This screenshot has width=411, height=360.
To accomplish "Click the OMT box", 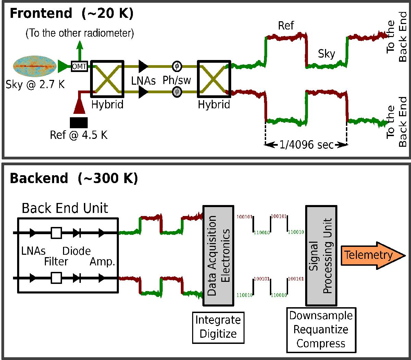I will coord(79,66).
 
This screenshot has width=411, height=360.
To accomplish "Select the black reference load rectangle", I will coord(78,122).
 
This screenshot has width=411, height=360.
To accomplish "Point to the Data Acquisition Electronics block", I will coord(218,255).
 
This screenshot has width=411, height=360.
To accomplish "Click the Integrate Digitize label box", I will coord(218,327).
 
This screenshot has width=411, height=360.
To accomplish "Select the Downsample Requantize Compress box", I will coord(321,329).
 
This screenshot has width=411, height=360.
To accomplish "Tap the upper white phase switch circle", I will coord(177,65).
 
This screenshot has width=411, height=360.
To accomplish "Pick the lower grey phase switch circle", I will coord(177,92).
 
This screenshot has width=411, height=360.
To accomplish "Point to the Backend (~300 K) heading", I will coord(74,178).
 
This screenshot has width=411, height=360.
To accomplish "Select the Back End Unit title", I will coord(65,208).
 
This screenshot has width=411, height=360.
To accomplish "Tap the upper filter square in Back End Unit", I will coord(56,233).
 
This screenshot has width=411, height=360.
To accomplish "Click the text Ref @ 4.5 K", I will coord(78,135).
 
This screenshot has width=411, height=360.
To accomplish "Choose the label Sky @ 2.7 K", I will coord(35,84).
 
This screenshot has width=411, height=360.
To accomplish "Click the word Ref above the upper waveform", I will coord(286,26).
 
